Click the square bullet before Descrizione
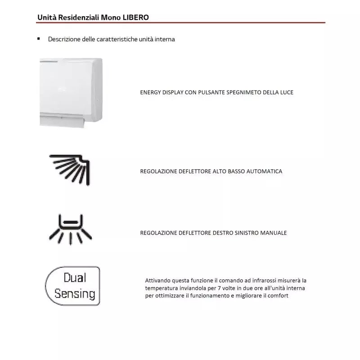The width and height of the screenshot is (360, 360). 39,39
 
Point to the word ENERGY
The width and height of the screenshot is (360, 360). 151,92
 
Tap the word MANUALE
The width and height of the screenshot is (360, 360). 273,233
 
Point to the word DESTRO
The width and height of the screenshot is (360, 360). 221,233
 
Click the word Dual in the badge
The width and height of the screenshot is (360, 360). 75,277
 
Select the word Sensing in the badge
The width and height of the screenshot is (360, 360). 75,294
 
